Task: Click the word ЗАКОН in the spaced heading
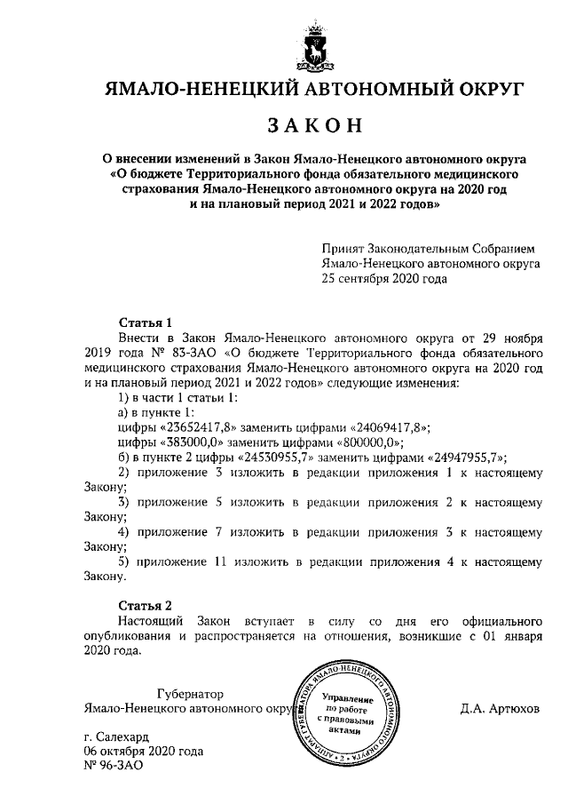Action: [x=316, y=126]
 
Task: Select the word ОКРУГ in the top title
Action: [x=480, y=88]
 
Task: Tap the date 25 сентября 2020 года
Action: [x=384, y=277]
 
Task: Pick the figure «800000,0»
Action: [x=365, y=442]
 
